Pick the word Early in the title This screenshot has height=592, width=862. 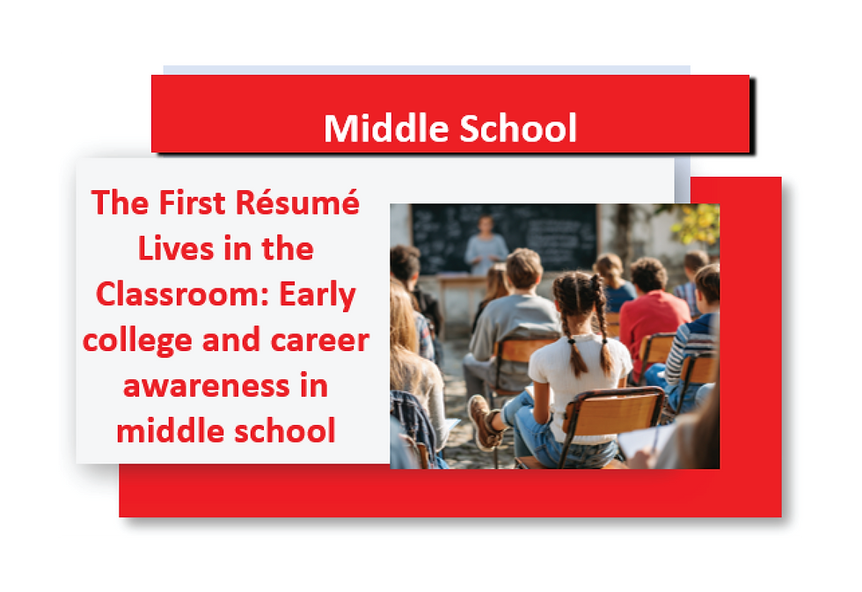pyautogui.click(x=318, y=295)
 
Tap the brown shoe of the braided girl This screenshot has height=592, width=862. pyautogui.click(x=483, y=423)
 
